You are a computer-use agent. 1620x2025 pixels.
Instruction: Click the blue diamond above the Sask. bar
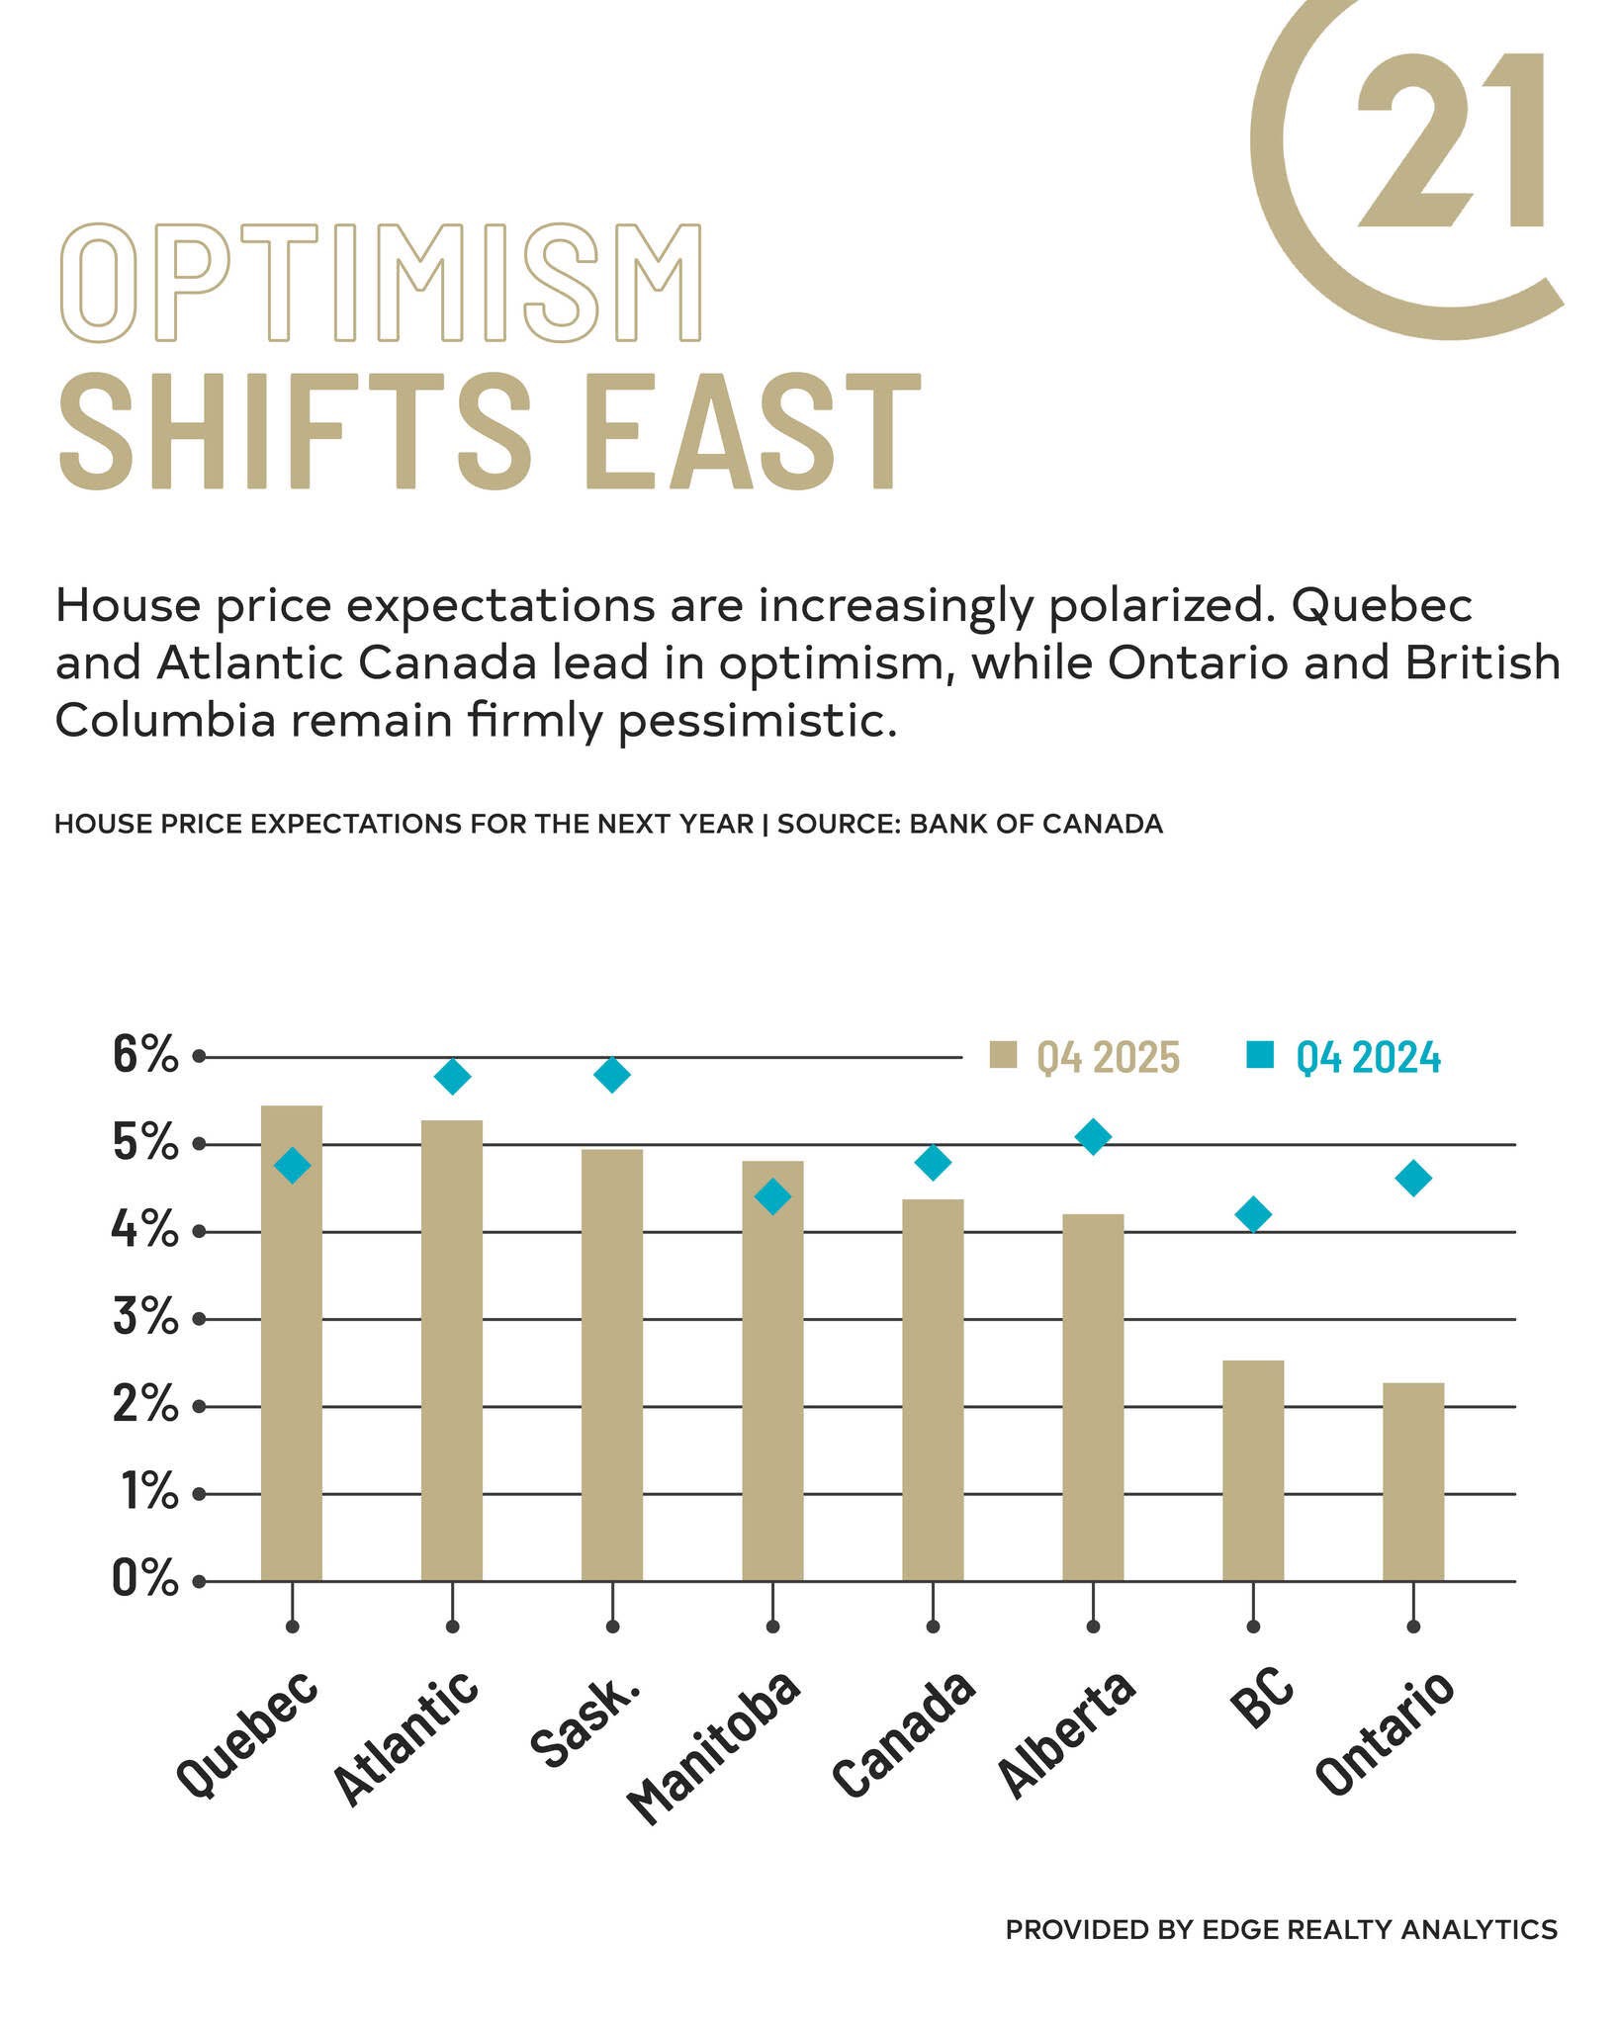pos(612,1074)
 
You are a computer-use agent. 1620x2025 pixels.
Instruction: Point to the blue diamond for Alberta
pos(1092,1137)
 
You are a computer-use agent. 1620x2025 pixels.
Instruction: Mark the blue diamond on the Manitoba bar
pos(772,1197)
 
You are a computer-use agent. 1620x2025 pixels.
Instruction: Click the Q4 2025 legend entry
pos(1086,1057)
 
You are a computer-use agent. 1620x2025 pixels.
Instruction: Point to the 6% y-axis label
pos(144,1056)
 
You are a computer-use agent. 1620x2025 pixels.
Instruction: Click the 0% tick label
pos(144,1579)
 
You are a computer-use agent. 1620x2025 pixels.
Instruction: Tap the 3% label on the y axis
pos(144,1318)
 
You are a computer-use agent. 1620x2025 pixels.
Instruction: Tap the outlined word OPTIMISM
pos(380,283)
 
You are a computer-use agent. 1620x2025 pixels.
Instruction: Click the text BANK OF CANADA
pos(1035,824)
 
